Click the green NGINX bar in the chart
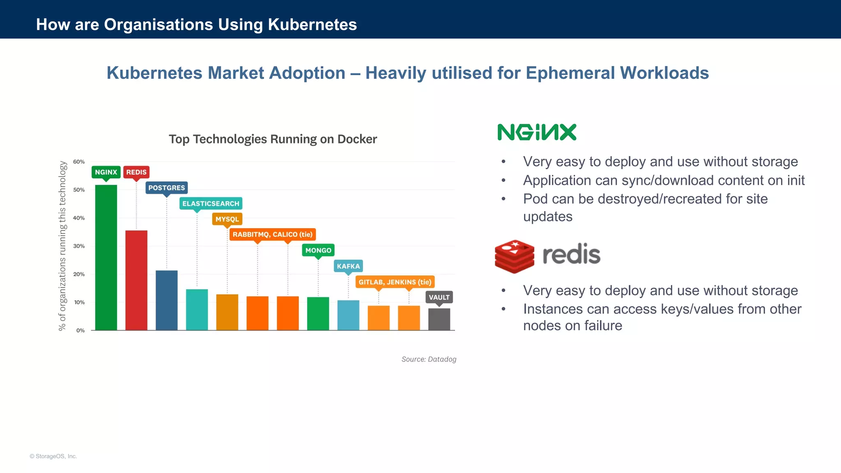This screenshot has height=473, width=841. (x=106, y=257)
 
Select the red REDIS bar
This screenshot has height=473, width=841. (x=136, y=280)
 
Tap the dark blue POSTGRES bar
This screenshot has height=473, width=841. (x=167, y=300)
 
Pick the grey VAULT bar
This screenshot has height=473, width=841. (x=439, y=319)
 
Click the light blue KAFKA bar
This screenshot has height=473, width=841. (x=348, y=315)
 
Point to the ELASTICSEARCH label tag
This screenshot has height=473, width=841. (x=211, y=203)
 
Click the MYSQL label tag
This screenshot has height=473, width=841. (x=227, y=219)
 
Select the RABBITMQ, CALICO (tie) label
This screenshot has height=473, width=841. (x=272, y=234)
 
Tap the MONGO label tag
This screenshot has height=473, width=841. (x=318, y=250)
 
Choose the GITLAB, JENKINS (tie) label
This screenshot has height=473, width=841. (x=395, y=282)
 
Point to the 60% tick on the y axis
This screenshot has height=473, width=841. (x=79, y=162)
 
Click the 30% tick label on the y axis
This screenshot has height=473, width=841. (x=79, y=246)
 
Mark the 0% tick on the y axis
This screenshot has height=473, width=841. (x=80, y=331)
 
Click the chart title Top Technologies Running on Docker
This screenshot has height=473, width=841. (x=273, y=139)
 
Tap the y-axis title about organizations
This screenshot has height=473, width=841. (x=62, y=246)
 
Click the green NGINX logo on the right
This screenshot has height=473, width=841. (x=537, y=132)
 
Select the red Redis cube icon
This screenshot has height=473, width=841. (x=514, y=256)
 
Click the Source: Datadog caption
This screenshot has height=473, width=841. (x=429, y=359)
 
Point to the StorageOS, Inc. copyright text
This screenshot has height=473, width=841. (x=53, y=456)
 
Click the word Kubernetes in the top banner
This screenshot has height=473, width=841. (x=312, y=25)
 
